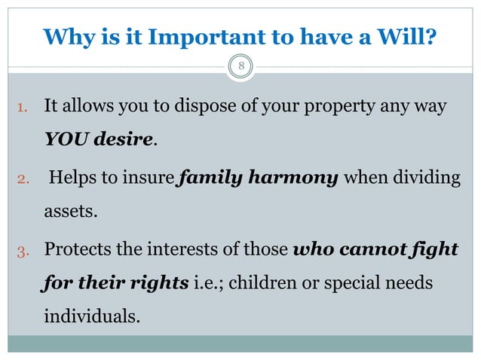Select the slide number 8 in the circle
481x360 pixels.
pyautogui.click(x=241, y=69)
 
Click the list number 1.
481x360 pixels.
pyautogui.click(x=23, y=108)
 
